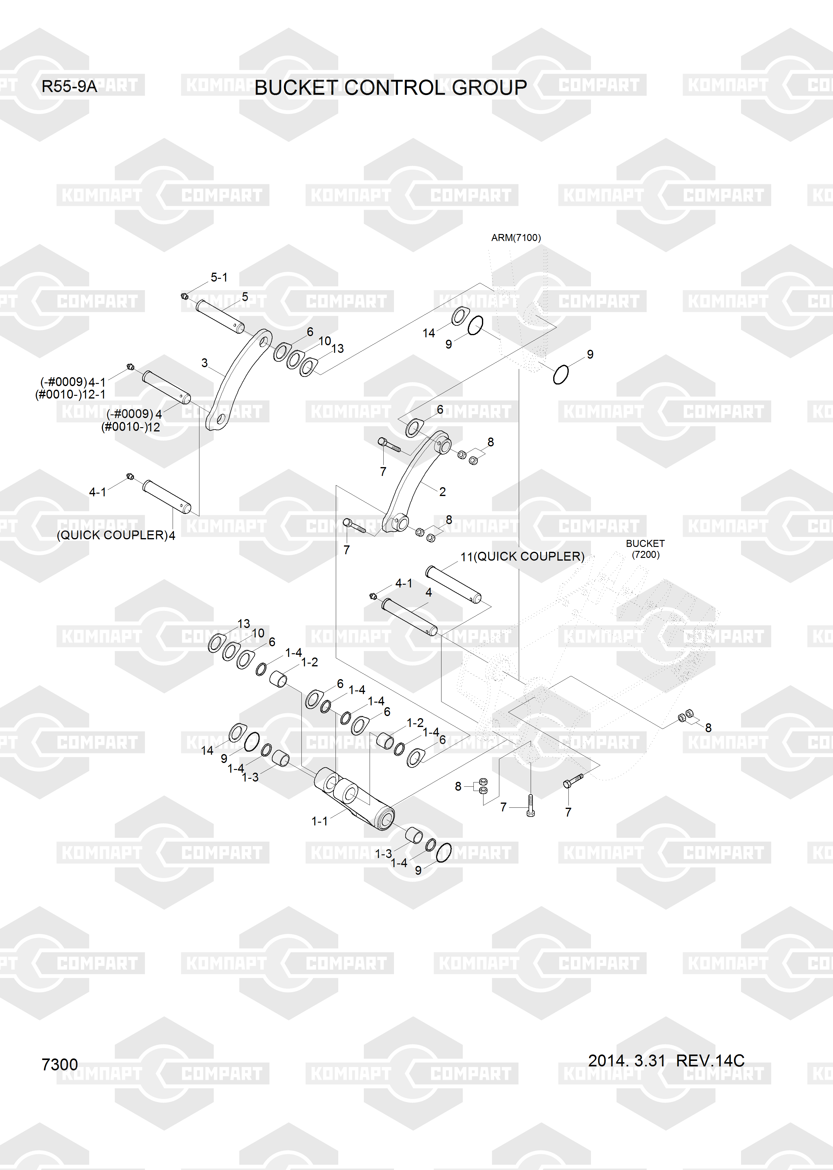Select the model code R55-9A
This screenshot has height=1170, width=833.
pyautogui.click(x=69, y=86)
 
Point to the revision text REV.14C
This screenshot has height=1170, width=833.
pyautogui.click(x=710, y=1060)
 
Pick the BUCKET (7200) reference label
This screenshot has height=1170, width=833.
pyautogui.click(x=645, y=548)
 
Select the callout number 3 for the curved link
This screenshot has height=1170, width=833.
pyautogui.click(x=205, y=363)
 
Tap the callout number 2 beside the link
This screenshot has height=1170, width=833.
pyautogui.click(x=442, y=491)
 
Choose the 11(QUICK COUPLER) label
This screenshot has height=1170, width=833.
pyautogui.click(x=522, y=556)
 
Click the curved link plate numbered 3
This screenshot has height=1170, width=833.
pyautogui.click(x=238, y=380)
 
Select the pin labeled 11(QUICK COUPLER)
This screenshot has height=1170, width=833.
pyautogui.click(x=453, y=584)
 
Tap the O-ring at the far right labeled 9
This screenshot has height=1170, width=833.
pyautogui.click(x=561, y=374)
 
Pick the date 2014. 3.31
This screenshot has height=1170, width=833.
pyautogui.click(x=626, y=1060)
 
